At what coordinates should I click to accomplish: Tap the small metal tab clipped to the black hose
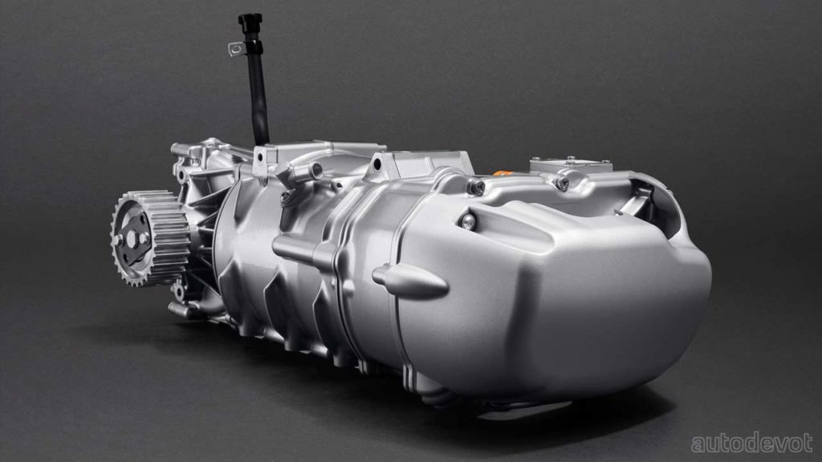[x=237, y=49]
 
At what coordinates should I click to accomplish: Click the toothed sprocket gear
[x=150, y=238]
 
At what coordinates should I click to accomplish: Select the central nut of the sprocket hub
[x=132, y=239]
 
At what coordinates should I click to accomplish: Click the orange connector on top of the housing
[x=501, y=172]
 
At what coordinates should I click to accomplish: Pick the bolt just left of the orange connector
[x=475, y=186]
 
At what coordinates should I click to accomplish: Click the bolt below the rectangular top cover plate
[x=563, y=184]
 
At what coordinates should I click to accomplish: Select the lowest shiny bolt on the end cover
[x=467, y=221]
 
